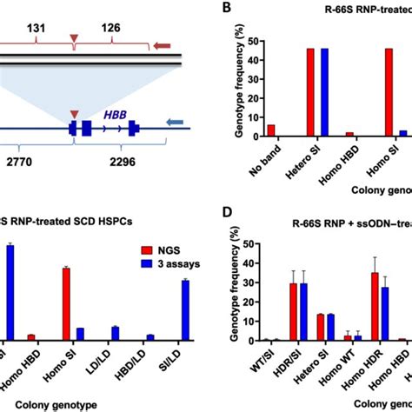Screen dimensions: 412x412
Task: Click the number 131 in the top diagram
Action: pyautogui.click(x=37, y=29)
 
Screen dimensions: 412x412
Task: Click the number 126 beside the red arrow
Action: pyautogui.click(x=110, y=29)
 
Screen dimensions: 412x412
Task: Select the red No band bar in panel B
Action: pyautogui.click(x=270, y=130)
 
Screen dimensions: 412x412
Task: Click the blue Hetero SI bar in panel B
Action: pyautogui.click(x=324, y=93)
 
